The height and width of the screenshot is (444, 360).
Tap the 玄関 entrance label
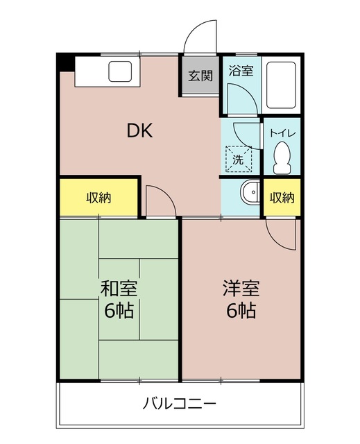[x=201, y=76]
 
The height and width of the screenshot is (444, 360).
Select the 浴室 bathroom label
[x=241, y=71]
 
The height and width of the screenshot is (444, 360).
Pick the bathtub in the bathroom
[x=282, y=86]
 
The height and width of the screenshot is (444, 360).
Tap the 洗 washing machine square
[x=238, y=158]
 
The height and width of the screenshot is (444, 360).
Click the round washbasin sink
[x=249, y=191]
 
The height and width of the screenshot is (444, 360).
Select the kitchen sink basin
[x=120, y=71]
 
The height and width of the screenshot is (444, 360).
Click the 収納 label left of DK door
[x=99, y=197]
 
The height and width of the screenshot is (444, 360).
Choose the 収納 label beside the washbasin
[x=282, y=197]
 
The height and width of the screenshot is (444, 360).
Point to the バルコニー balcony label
[x=180, y=403]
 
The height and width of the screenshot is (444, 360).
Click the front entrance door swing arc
[x=201, y=35]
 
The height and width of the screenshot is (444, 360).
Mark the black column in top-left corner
[x=65, y=61]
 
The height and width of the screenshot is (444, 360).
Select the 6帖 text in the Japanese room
[x=119, y=310]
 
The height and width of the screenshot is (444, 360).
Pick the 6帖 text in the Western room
[x=240, y=310]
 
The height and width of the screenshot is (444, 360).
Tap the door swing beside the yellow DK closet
[x=160, y=201]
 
